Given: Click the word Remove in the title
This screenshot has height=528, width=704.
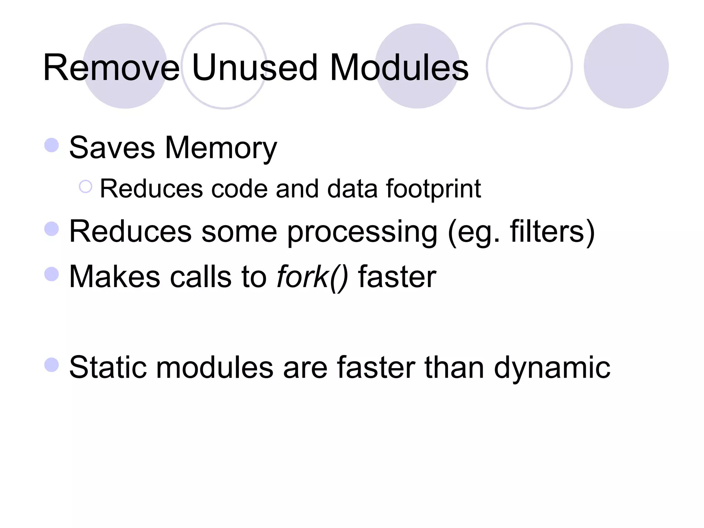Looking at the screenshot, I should [x=111, y=68].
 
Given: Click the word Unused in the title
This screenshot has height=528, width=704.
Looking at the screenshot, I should [x=254, y=68].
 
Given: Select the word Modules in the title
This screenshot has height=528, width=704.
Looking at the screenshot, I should [x=399, y=68].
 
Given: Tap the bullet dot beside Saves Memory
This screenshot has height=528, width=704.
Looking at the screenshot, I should [x=52, y=145].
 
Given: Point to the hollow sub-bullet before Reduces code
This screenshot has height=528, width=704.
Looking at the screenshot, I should [x=86, y=187].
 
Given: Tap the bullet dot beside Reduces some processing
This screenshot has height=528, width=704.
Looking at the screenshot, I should [x=52, y=229].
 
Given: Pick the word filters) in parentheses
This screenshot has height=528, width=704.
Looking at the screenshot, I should [x=552, y=232].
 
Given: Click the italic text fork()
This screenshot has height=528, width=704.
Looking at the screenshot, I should [x=312, y=277].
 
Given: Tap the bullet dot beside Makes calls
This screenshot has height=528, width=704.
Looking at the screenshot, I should [x=52, y=274].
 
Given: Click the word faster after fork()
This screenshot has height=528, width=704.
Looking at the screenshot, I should [x=397, y=277].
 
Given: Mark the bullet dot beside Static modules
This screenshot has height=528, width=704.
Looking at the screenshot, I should [x=52, y=365].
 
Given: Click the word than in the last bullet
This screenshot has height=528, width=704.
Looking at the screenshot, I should [x=455, y=367].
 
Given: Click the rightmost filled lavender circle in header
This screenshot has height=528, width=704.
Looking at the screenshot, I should [x=626, y=66].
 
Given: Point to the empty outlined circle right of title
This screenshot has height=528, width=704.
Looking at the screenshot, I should [x=529, y=66].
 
